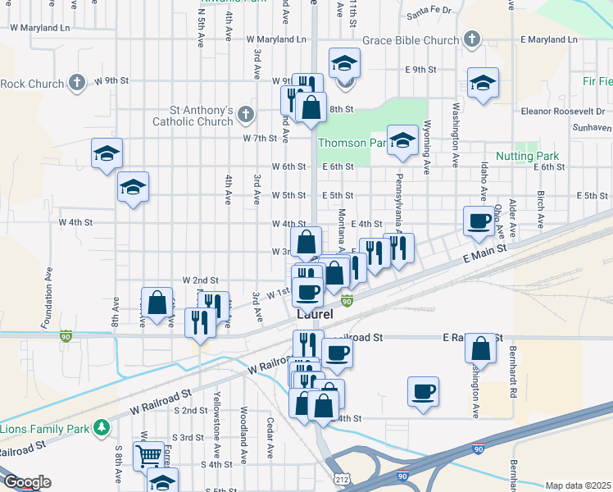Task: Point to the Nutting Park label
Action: pyautogui.click(x=526, y=156)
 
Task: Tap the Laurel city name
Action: pyautogui.click(x=315, y=315)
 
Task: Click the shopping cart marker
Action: pyautogui.click(x=148, y=453)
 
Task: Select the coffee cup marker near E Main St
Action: pyautogui.click(x=478, y=220)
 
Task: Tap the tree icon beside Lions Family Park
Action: pyautogui.click(x=102, y=427)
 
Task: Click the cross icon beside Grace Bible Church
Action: pyautogui.click(x=471, y=39)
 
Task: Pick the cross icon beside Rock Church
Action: pyautogui.click(x=76, y=82)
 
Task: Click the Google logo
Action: pyautogui.click(x=27, y=482)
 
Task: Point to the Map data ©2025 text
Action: pyautogui.click(x=578, y=485)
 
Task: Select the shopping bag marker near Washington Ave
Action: pyautogui.click(x=481, y=348)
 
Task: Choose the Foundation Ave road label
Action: pyautogui.click(x=50, y=296)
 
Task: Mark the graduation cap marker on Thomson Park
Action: pyautogui.click(x=402, y=139)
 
